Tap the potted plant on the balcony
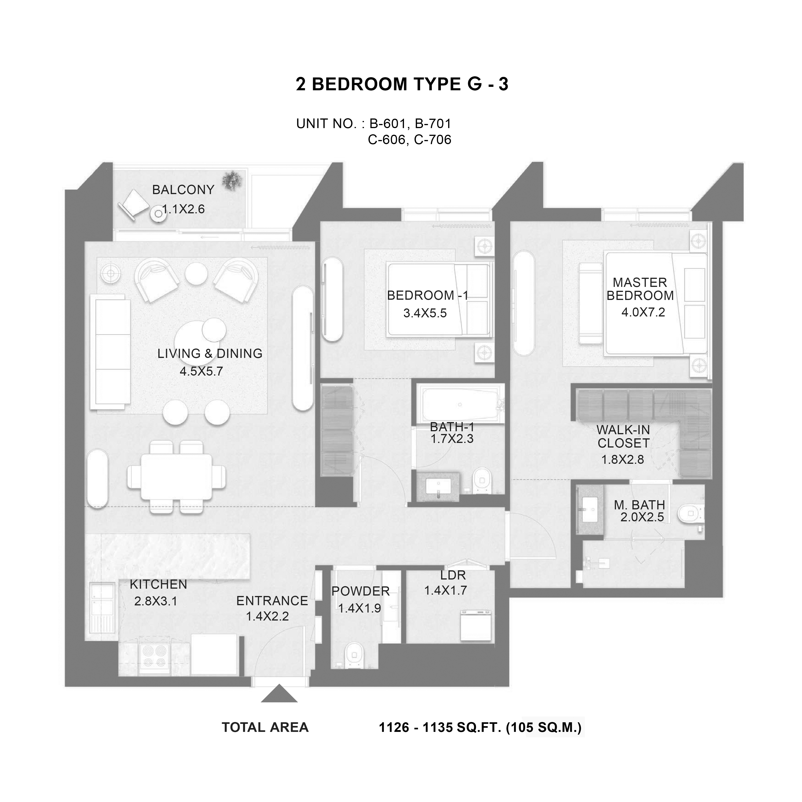(232, 180)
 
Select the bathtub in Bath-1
(460, 404)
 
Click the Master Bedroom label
(640, 289)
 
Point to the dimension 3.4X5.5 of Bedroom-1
(425, 313)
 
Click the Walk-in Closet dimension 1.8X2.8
(623, 459)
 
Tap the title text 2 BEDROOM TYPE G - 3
(402, 84)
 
